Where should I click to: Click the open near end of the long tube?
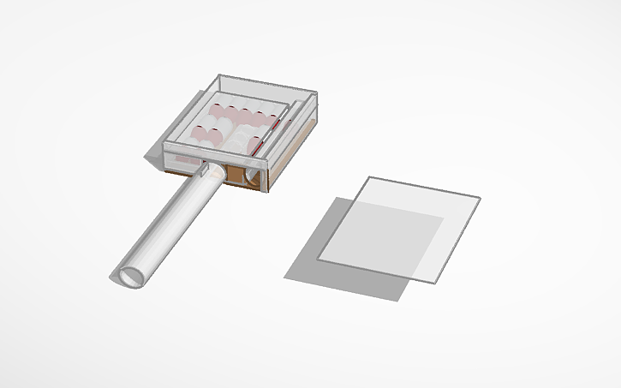coord(131,277)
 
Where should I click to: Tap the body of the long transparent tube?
coord(171,224)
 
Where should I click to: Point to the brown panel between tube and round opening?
coord(235,176)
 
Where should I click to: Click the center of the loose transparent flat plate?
coord(398,229)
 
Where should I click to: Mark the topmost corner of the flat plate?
coord(368,177)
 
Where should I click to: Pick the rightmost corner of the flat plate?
coord(480,199)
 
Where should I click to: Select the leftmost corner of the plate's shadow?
coord(285,277)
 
